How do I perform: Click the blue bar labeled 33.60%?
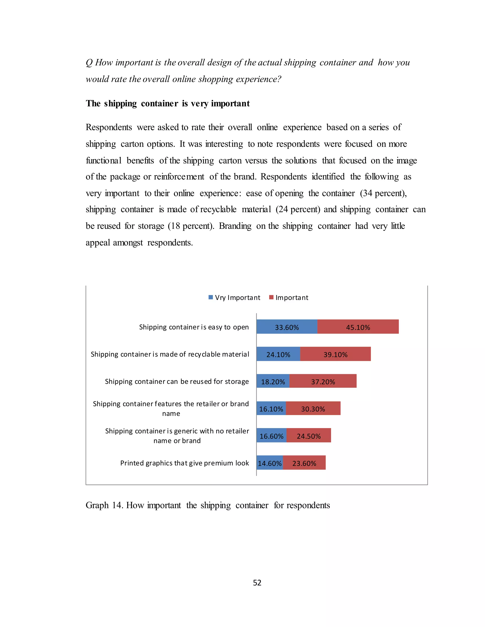(287, 327)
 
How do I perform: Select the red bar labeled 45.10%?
(358, 327)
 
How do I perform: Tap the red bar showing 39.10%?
(335, 354)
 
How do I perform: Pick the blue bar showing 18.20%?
(273, 381)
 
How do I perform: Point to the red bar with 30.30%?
(313, 408)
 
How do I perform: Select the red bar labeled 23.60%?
(304, 463)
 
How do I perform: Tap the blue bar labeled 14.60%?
(269, 463)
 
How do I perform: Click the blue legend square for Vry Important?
(211, 297)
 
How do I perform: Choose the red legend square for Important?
(271, 297)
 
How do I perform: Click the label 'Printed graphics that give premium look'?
(184, 463)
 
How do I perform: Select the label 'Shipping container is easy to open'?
(194, 327)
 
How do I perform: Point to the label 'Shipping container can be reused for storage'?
(177, 381)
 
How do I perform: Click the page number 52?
(257, 583)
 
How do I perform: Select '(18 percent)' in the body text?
(191, 226)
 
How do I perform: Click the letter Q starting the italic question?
(89, 63)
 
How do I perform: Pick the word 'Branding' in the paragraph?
(235, 226)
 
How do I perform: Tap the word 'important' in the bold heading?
(230, 103)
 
